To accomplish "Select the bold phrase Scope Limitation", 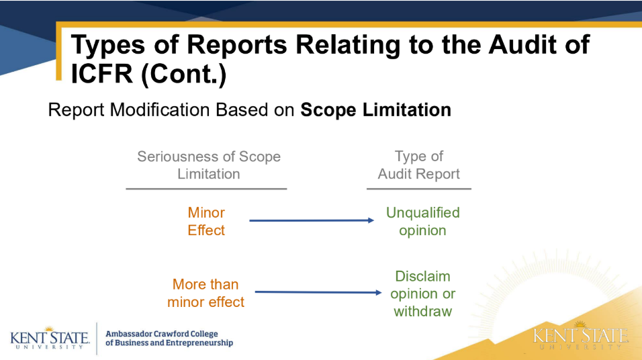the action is [x=375, y=109].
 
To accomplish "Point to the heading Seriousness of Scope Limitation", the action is [x=208, y=165].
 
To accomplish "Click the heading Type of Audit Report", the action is [x=419, y=165].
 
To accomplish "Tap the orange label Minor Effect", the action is [x=206, y=221].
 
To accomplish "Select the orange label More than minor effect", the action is [x=205, y=294].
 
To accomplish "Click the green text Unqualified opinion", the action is [x=422, y=221].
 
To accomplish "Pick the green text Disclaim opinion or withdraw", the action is [x=422, y=294].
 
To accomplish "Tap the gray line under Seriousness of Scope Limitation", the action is [x=206, y=189].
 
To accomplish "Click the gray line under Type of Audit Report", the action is [x=418, y=189].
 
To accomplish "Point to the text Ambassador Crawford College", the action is [x=162, y=334].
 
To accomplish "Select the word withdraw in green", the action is [x=422, y=312].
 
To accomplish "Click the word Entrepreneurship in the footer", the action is [x=197, y=343].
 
